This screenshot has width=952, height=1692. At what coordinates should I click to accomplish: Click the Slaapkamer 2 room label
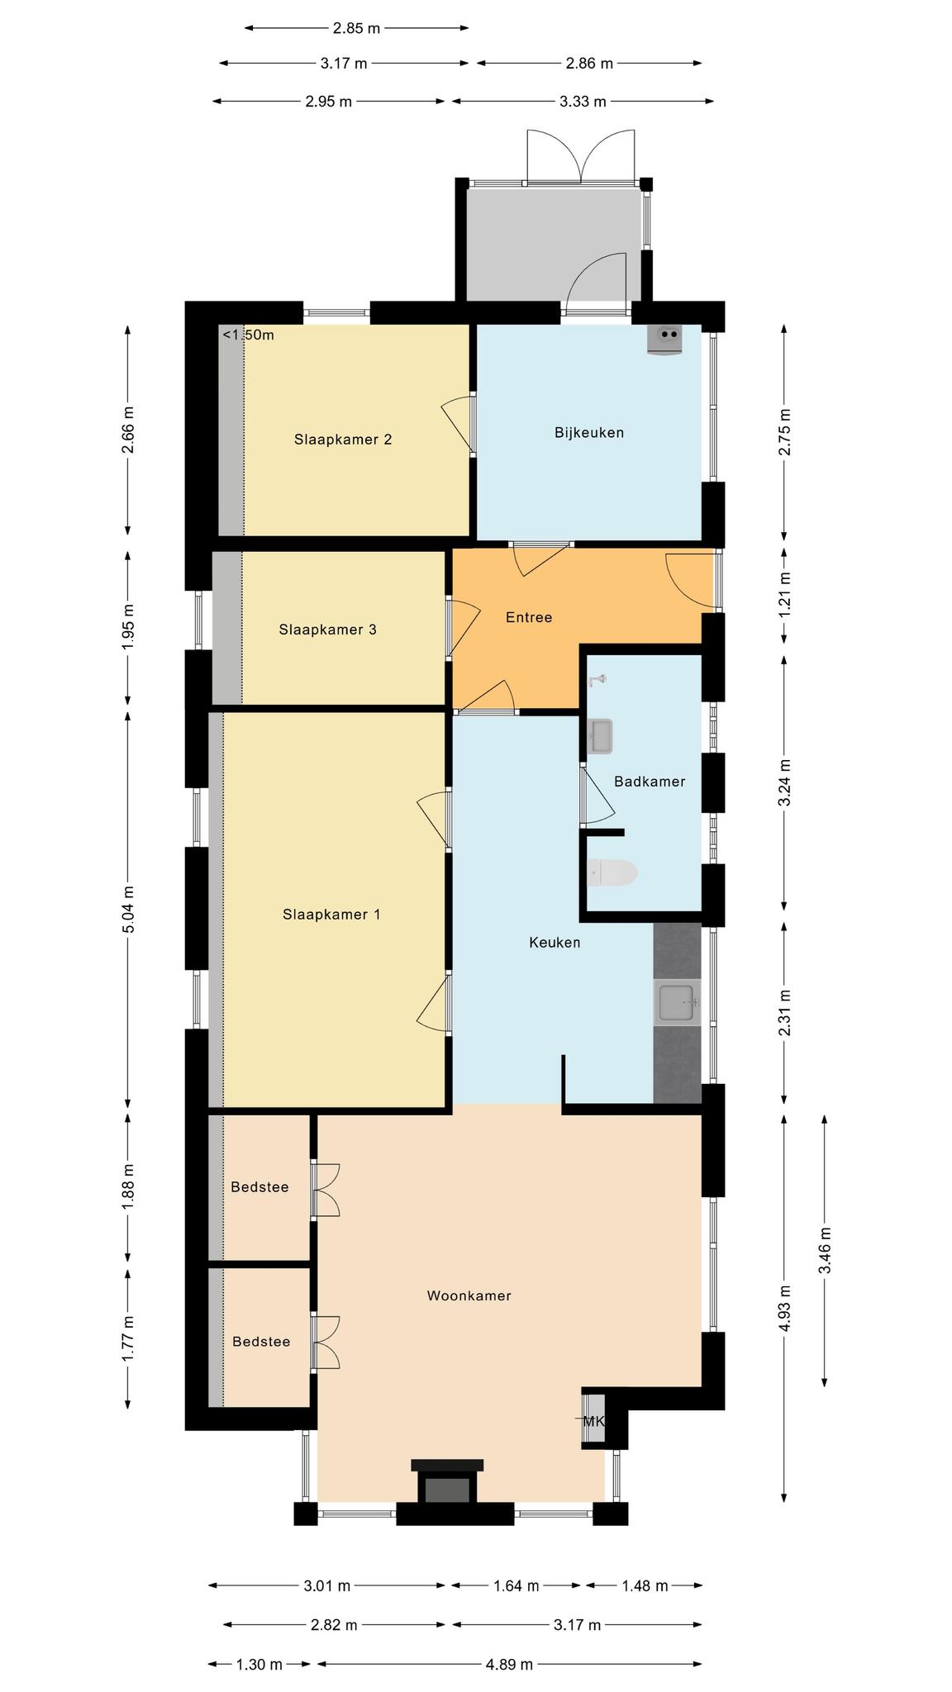[343, 440]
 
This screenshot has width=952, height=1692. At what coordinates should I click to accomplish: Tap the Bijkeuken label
[589, 432]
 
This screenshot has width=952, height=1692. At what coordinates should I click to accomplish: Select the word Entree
[529, 617]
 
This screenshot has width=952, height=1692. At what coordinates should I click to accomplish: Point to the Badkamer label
[650, 781]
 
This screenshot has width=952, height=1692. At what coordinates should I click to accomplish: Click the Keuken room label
[555, 942]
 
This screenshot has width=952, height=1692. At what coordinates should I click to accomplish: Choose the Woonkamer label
[469, 1295]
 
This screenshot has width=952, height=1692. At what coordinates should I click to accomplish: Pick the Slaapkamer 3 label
[328, 630]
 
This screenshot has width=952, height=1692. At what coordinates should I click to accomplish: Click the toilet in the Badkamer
[612, 872]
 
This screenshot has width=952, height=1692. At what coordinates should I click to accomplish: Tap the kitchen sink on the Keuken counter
[678, 1003]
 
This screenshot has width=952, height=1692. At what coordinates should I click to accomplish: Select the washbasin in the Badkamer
[600, 736]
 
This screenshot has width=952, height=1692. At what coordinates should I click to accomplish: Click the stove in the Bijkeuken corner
[666, 339]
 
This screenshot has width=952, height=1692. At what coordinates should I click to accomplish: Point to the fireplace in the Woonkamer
[447, 1481]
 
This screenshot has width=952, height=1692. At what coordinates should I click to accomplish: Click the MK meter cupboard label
[594, 1421]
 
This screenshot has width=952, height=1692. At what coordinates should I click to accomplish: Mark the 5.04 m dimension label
[127, 909]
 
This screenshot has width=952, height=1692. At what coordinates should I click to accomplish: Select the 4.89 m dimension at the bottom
[510, 1664]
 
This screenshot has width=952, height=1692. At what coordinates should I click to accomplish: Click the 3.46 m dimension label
[825, 1252]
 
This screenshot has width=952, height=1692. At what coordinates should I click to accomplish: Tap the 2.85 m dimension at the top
[357, 28]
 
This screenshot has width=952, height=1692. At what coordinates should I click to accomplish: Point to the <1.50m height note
[248, 335]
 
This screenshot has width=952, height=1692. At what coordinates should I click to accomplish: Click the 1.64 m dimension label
[516, 1585]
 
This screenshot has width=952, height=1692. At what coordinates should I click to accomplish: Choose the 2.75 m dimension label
[784, 432]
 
